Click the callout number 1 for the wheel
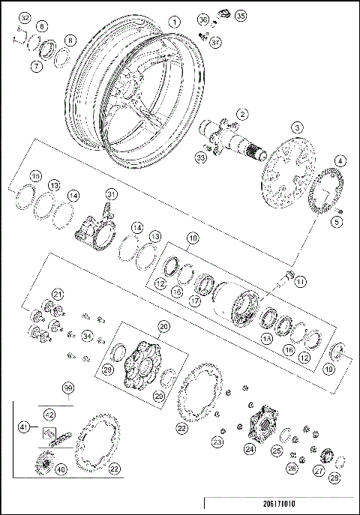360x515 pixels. coord(174,22)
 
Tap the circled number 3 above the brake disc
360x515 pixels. coord(298,128)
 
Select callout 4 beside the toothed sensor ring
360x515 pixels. coord(340,161)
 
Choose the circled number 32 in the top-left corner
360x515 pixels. coord(25,17)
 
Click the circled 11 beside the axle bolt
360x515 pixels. coord(301,281)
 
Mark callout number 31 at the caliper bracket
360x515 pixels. coord(111,195)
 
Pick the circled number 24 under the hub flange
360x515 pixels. coord(249,449)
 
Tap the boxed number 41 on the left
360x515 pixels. coord(24,427)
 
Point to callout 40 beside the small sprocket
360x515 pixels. coord(60,469)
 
